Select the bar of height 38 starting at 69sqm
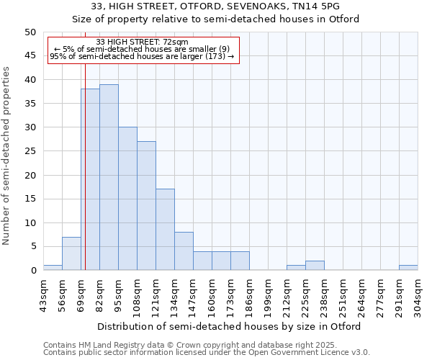(x=91, y=179)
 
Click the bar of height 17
(x=165, y=230)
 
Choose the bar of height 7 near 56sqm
(x=71, y=253)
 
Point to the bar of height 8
(x=184, y=251)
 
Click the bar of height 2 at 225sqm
(x=315, y=266)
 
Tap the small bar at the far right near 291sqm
(x=408, y=268)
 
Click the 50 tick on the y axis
(x=30, y=32)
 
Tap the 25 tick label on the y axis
(x=30, y=151)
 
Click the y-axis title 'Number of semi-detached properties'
(x=7, y=155)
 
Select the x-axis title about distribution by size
(x=229, y=326)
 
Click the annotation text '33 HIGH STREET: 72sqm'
(x=142, y=42)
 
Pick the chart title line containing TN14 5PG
(x=216, y=6)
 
